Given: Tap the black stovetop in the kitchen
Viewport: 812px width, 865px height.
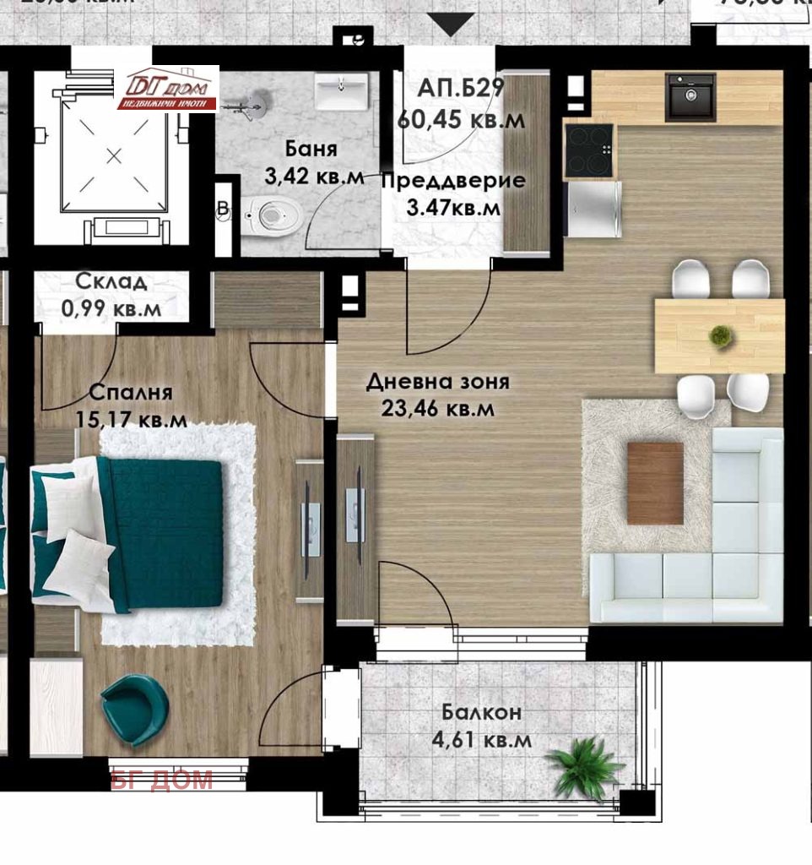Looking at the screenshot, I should (x=589, y=150).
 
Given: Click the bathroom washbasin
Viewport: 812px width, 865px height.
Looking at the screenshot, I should (x=342, y=90).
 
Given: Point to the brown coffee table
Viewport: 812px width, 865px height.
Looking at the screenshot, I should (x=655, y=482).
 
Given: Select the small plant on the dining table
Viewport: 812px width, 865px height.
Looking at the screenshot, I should (x=720, y=335).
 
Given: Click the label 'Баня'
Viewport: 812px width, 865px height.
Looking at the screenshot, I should (x=311, y=150).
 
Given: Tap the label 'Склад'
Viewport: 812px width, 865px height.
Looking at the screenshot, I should (x=111, y=282).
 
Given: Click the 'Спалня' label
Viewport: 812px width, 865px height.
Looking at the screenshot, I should (x=130, y=392).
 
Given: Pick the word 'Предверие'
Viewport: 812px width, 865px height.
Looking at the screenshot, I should (x=453, y=180).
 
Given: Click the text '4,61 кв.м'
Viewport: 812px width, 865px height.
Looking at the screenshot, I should (x=480, y=740).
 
